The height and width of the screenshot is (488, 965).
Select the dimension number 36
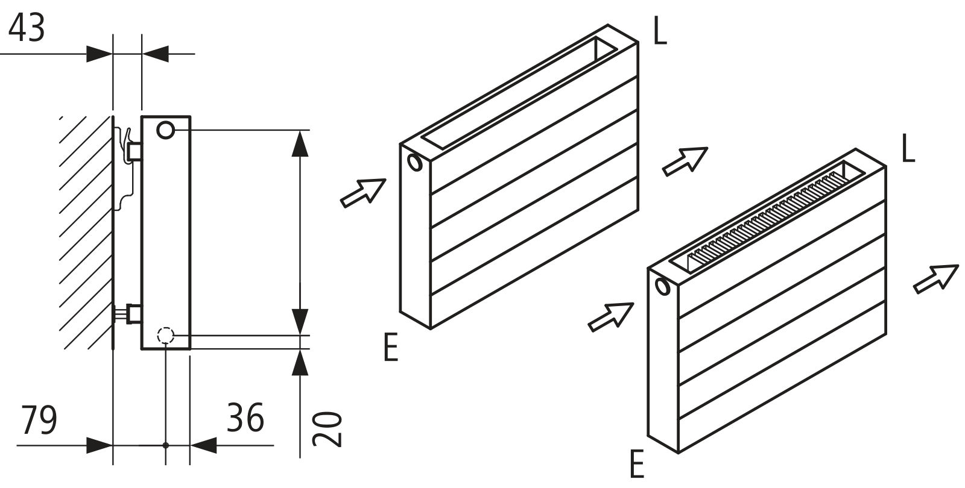[245, 418]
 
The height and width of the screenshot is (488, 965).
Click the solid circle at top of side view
[166, 130]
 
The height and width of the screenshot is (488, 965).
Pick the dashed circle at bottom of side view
[165, 335]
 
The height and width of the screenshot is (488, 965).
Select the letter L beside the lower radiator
[908, 149]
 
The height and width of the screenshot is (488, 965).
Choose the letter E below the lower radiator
[636, 465]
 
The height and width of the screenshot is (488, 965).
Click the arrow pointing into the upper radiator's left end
[363, 193]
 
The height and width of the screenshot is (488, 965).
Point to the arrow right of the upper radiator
[685, 161]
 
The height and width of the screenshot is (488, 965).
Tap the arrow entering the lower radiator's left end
[610, 316]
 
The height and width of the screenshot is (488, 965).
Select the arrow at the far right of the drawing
[936, 278]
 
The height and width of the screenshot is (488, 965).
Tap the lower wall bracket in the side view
[129, 314]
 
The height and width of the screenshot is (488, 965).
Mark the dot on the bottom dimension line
[166, 445]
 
